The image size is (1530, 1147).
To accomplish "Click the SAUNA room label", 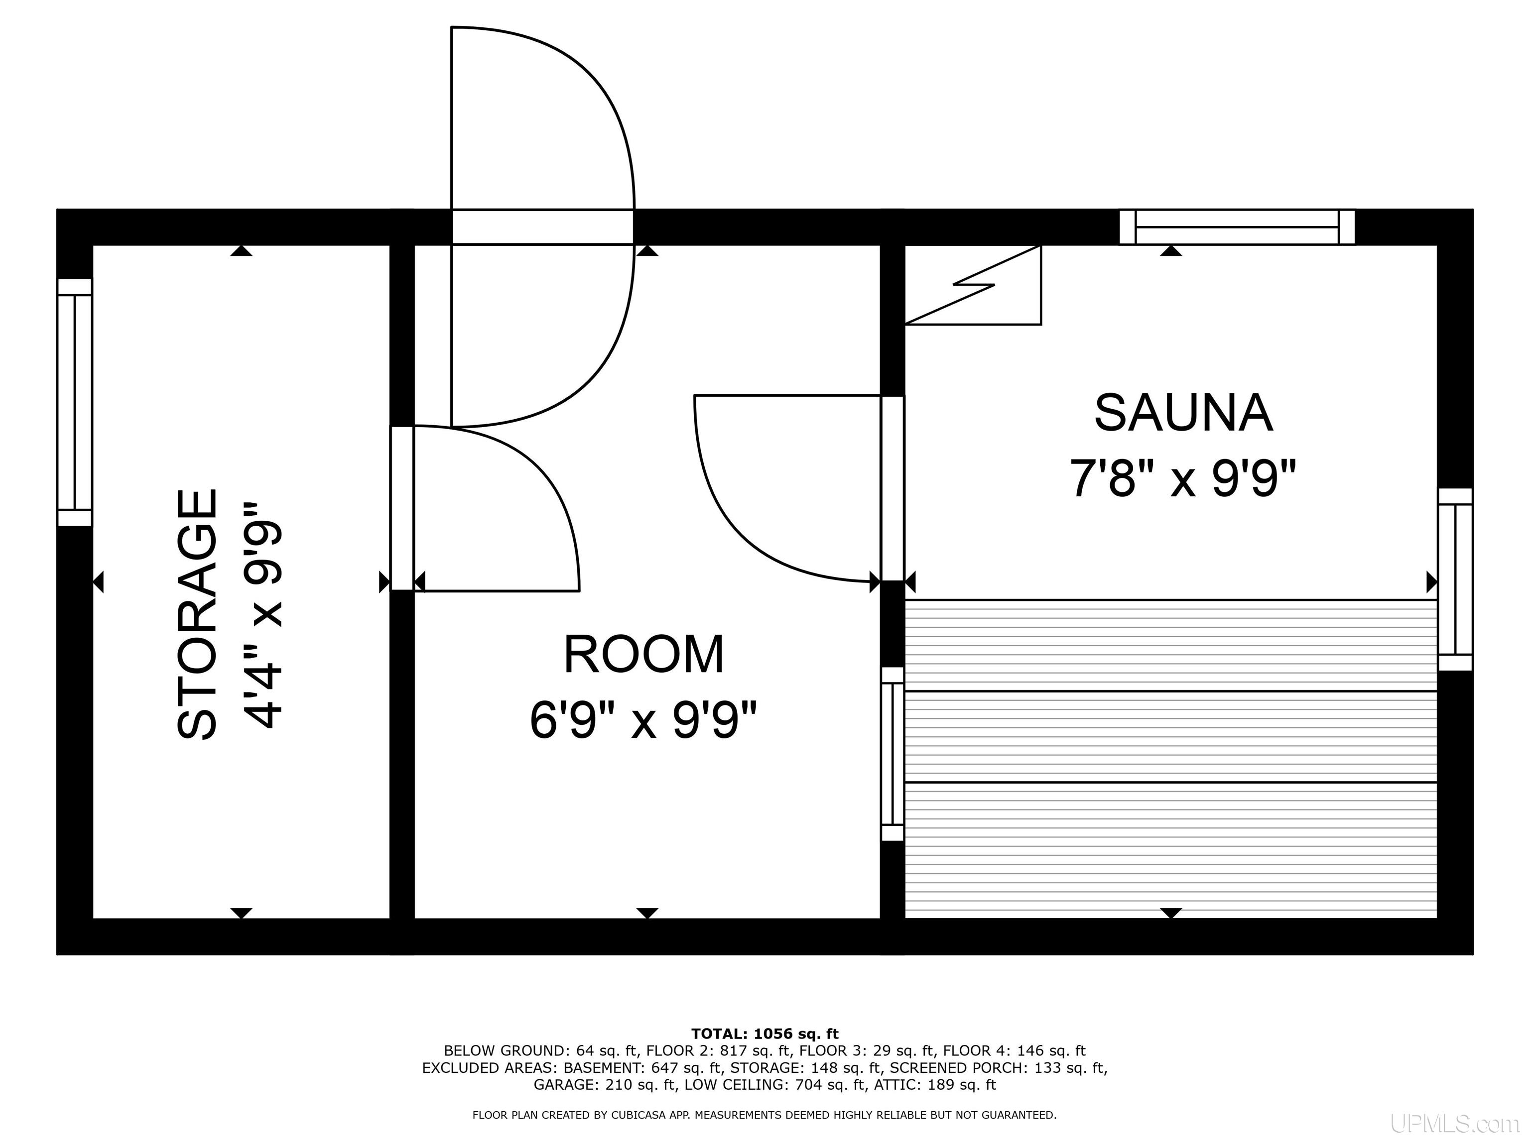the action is pyautogui.click(x=1183, y=413).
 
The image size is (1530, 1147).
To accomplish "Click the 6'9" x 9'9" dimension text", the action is pyautogui.click(x=644, y=720).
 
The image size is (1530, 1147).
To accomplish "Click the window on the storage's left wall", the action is pyautogui.click(x=75, y=402).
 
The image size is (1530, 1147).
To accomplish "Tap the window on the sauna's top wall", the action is pyautogui.click(x=1237, y=227).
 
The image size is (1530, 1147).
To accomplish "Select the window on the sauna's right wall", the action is pyautogui.click(x=1455, y=579).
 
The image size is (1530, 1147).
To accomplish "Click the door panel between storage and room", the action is pyautogui.click(x=402, y=508).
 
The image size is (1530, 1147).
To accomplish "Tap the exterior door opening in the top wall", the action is pyautogui.click(x=542, y=227).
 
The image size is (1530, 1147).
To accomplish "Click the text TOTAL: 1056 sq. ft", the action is pyautogui.click(x=765, y=1033).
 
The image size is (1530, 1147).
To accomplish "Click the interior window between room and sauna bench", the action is pyautogui.click(x=892, y=754).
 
